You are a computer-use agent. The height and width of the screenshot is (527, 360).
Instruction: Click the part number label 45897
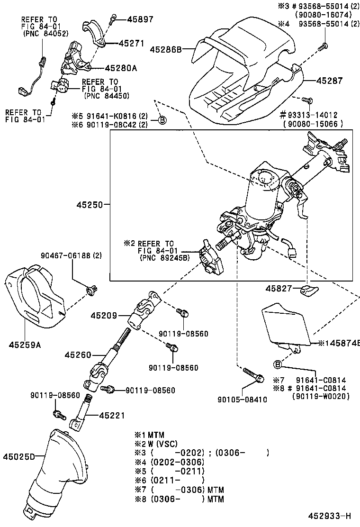(x=129, y=19)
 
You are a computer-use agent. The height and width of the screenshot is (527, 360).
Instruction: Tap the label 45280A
(x=121, y=68)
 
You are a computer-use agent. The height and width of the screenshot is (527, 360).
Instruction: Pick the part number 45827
(x=278, y=289)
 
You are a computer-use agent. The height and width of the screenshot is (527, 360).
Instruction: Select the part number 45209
(x=104, y=315)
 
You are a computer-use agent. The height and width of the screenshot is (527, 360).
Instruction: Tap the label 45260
(x=77, y=354)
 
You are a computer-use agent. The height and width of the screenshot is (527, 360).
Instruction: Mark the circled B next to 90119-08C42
(x=162, y=120)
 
